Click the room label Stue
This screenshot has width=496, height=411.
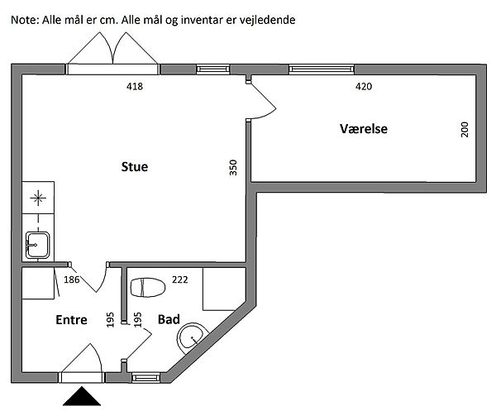pos(134,167)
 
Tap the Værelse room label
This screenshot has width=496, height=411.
pos(364,129)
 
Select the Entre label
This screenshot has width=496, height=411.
pos(72,320)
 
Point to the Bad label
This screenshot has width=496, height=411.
pos(169,318)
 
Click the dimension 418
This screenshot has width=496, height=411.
pos(136,86)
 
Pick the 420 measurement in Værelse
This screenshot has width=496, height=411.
pos(363,86)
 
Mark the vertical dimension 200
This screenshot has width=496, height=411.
pos(465,129)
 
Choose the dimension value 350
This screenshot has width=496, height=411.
pos(233,168)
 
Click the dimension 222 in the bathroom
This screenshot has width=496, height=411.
pos(180,280)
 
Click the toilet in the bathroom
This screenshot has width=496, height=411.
pos(145,286)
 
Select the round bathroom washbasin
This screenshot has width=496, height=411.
pos(193,335)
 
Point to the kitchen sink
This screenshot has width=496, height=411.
pos(37,243)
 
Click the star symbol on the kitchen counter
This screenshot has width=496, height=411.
pos(37,198)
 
